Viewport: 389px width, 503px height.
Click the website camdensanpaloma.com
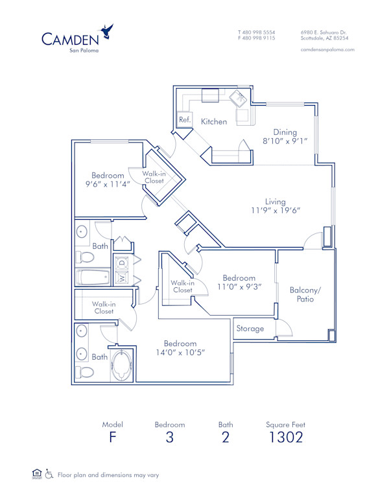[x=327, y=50]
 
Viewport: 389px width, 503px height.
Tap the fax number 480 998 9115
[x=259, y=38]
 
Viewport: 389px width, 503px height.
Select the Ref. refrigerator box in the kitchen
[x=184, y=120]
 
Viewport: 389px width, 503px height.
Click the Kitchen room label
[x=214, y=121]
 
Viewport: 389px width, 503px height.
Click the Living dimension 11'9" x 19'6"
[x=276, y=210]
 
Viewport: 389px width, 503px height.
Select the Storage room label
[x=250, y=329]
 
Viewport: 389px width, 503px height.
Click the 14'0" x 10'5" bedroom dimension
[x=180, y=353]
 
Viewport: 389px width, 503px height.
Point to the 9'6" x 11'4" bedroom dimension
[x=108, y=184]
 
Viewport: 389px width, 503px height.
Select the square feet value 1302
[x=285, y=437]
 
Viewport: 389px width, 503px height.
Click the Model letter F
[x=112, y=437]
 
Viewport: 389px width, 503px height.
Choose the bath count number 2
[x=225, y=437]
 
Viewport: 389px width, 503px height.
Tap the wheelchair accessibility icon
[x=49, y=474]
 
